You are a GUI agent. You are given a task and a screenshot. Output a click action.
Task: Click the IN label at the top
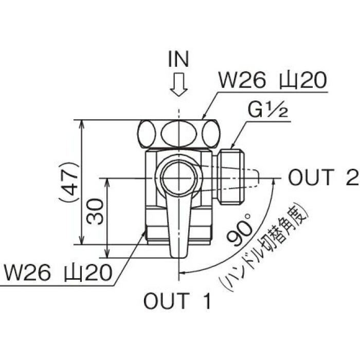178,60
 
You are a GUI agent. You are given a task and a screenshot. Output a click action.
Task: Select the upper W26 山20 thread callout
273,81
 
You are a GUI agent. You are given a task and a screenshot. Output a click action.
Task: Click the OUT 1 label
177,301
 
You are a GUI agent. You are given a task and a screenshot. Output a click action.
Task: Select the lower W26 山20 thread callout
57,273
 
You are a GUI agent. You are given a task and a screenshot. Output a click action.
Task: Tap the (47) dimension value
68,181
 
